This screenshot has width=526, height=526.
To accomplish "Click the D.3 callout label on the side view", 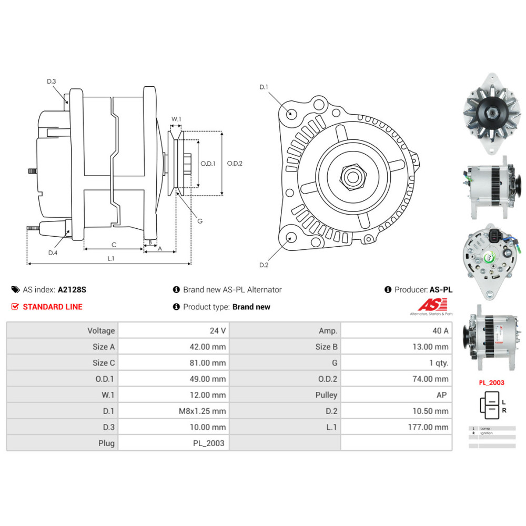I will tap(51, 81).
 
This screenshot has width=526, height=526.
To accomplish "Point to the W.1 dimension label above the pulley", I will tap(176, 119).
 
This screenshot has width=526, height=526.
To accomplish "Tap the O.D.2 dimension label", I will tap(235, 163).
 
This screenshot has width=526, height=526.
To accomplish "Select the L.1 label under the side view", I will tap(110, 258).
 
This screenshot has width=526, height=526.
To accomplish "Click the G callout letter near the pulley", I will tap(200, 221).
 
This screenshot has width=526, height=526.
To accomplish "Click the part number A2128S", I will tap(72, 289).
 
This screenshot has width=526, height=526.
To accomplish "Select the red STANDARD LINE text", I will tap(53, 307).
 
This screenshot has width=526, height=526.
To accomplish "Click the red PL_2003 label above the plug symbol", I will tap(491, 382).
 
